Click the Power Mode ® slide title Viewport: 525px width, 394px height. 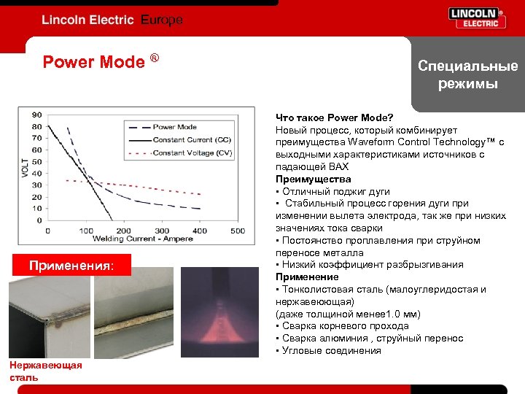click(101, 61)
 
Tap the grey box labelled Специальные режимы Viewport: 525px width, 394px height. click(467, 75)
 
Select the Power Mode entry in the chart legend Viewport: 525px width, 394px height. click(174, 127)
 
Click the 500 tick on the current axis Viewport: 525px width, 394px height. click(238, 231)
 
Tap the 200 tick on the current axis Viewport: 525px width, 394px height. click(124, 231)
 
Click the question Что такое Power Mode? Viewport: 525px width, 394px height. click(334, 117)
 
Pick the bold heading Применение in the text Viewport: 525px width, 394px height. click(307, 277)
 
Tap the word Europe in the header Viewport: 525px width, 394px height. click(160, 20)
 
